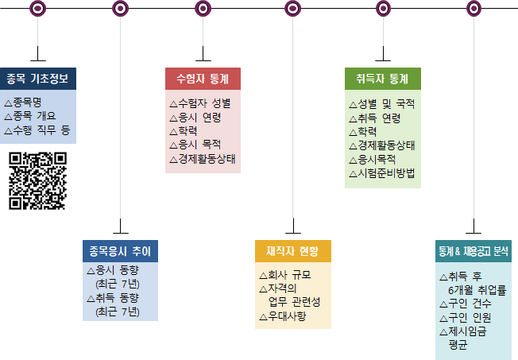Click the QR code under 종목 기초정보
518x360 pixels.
tap(37, 180)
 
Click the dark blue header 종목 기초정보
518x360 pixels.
tap(38, 79)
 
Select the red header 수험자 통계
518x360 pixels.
tap(203, 79)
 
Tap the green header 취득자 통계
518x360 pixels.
tap(382, 79)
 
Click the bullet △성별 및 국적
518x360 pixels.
tap(383, 104)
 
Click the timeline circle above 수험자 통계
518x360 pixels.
tap(203, 9)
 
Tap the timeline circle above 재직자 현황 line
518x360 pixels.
tap(293, 9)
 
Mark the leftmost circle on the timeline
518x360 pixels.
tap(37, 9)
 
